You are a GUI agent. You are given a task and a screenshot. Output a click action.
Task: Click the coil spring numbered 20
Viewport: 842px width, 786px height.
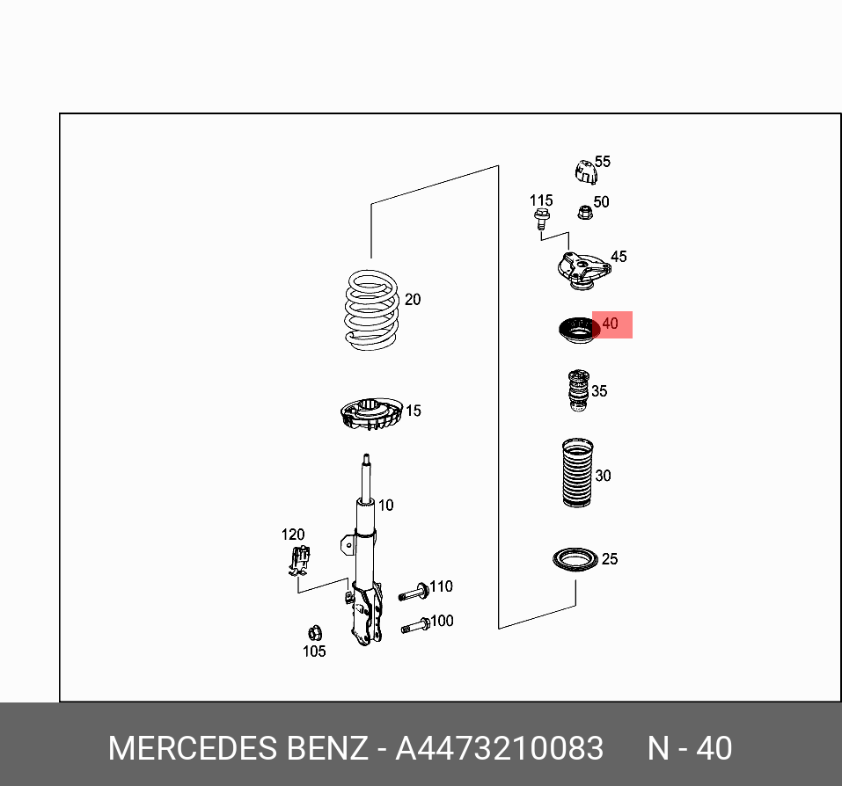[x=371, y=309]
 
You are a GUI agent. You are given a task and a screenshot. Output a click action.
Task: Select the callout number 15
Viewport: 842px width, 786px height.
[x=414, y=411]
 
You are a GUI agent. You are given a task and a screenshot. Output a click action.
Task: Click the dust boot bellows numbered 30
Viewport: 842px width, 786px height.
[x=576, y=472]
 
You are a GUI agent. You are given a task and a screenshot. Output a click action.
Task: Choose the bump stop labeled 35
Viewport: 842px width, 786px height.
[x=576, y=391]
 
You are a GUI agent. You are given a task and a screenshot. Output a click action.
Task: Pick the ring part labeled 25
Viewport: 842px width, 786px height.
[x=575, y=559]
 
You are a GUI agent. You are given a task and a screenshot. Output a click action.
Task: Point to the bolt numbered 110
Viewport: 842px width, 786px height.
[x=413, y=592]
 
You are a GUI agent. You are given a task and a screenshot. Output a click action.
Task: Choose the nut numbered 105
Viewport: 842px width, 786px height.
[x=313, y=632]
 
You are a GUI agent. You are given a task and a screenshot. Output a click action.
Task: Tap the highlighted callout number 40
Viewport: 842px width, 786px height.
[x=611, y=324]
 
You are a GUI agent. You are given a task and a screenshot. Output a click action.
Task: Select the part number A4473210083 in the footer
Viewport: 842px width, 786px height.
[x=499, y=748]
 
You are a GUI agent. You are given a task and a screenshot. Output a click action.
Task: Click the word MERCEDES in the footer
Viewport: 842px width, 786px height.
[x=193, y=748]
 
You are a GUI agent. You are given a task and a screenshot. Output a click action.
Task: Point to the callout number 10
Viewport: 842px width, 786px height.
[x=385, y=506]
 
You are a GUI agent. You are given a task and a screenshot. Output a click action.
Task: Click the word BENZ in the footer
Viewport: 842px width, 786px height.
[x=327, y=748]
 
